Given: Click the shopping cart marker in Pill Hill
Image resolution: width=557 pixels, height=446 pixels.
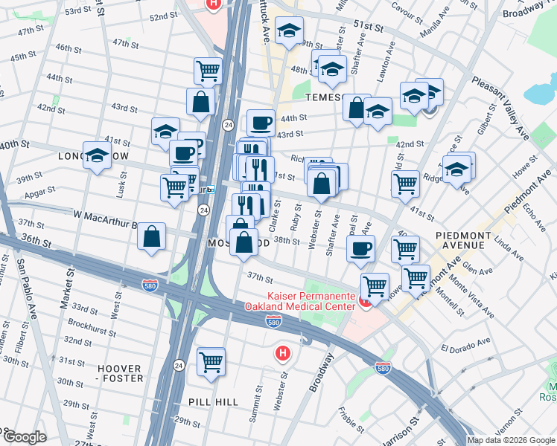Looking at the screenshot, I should (x=211, y=362).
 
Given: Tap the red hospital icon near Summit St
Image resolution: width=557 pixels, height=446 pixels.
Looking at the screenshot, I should (x=281, y=353).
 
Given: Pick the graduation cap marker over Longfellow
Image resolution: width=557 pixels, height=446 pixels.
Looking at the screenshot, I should (x=96, y=156).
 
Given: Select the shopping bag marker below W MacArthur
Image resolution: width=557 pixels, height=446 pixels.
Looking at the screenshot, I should (x=151, y=237).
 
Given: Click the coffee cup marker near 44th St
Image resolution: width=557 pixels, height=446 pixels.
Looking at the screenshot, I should (x=261, y=123).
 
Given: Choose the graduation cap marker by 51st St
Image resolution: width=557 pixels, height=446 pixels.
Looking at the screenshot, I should (x=289, y=31).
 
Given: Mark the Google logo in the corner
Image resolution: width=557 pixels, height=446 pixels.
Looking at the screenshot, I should (x=24, y=437).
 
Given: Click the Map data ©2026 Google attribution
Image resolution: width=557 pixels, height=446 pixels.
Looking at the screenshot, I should (x=511, y=440).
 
